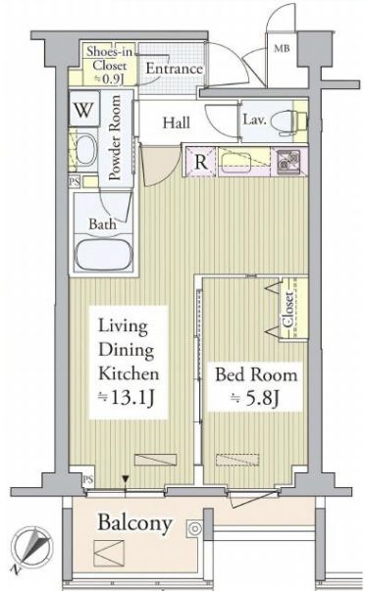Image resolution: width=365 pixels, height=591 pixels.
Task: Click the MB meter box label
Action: tap(282, 48)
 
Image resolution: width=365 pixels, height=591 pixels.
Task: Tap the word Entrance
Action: tap(174, 69)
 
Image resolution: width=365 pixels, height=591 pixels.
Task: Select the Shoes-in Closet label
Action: tap(109, 66)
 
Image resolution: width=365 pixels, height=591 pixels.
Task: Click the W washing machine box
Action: tap(83, 109)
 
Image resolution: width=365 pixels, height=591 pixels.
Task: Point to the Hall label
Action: tap(177, 123)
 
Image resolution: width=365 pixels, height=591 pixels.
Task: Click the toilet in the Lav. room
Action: tap(292, 123)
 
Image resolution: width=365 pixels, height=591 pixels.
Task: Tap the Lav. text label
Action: tap(254, 120)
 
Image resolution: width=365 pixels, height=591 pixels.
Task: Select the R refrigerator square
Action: tap(200, 162)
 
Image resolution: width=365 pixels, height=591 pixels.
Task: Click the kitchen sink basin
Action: tap(235, 162)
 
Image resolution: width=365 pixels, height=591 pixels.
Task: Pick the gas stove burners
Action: tap(288, 162)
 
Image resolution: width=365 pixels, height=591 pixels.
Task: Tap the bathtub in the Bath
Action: tap(103, 254)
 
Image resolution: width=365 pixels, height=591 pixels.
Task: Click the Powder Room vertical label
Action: tap(115, 137)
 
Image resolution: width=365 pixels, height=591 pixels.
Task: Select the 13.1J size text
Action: tap(127, 398)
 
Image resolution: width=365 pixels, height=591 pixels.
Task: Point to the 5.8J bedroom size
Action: tap(255, 398)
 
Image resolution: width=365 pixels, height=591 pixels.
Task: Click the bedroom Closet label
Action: tap(288, 309)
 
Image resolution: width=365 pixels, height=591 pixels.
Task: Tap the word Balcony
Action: tap(134, 522)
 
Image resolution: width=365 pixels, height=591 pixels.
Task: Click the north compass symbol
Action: tap(31, 548)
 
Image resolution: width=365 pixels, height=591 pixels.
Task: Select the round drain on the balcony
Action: tap(195, 528)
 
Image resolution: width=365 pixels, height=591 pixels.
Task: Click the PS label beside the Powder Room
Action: tap(75, 181)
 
